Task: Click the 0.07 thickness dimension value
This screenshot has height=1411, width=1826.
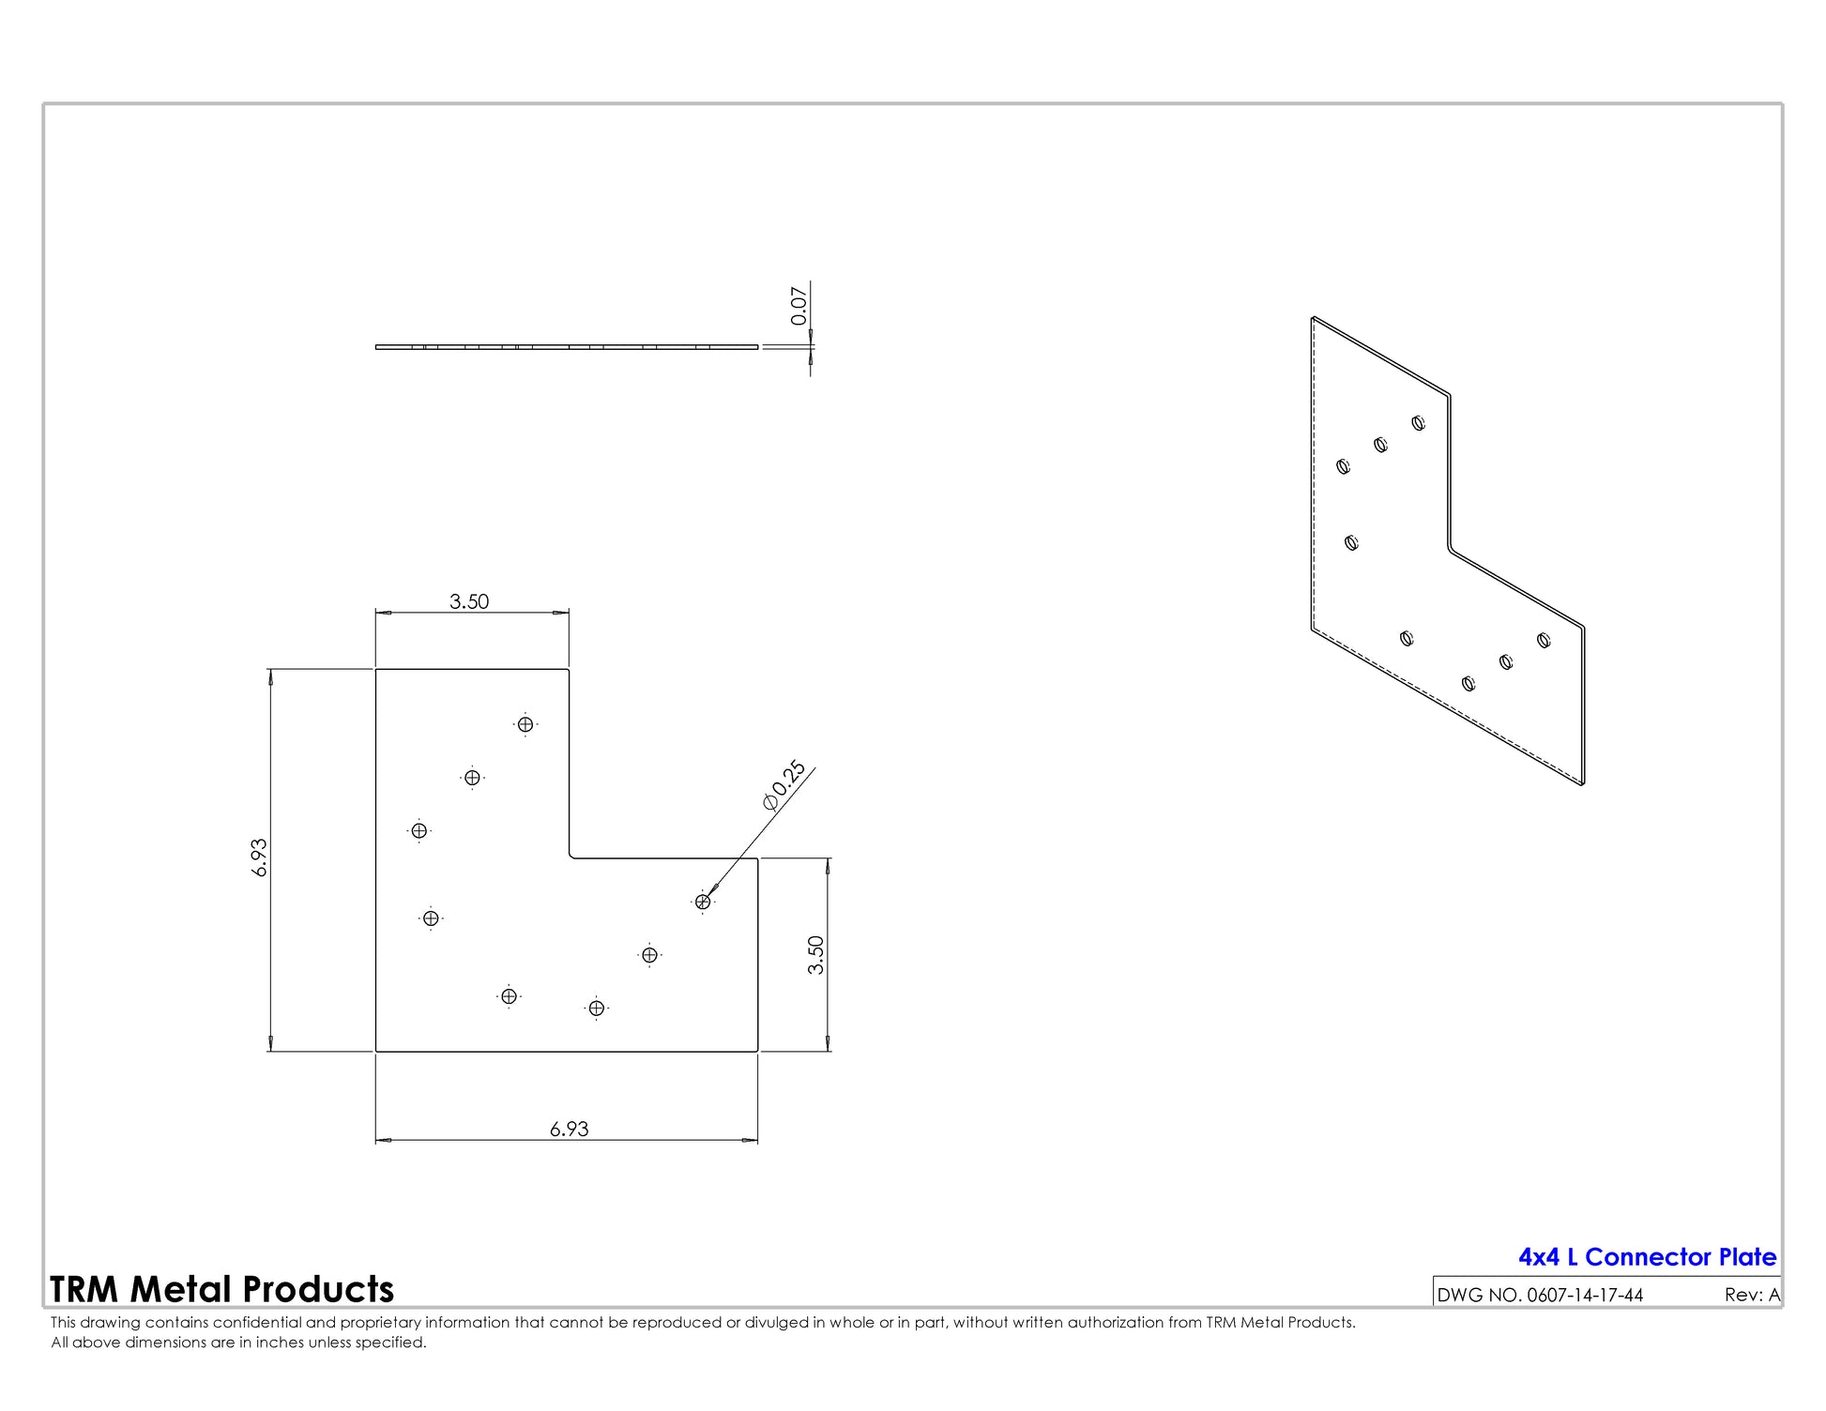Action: click(x=799, y=306)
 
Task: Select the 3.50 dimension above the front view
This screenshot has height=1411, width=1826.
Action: click(x=469, y=601)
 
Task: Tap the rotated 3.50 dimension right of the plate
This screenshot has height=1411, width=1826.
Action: click(x=816, y=955)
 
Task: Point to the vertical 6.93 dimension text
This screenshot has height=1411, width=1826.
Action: click(x=260, y=857)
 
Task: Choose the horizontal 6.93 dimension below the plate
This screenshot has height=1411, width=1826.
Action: click(x=570, y=1129)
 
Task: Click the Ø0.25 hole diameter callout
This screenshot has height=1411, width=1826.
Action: click(x=784, y=785)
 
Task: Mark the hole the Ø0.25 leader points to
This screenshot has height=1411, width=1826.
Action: click(x=703, y=902)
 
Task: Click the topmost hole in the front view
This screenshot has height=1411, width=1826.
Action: click(x=525, y=724)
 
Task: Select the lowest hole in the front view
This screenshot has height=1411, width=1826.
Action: click(x=597, y=1009)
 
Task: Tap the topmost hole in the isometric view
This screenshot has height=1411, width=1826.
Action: click(x=1419, y=423)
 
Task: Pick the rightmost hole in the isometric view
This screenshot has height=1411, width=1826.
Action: click(x=1544, y=641)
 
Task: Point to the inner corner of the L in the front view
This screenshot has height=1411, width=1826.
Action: click(x=570, y=857)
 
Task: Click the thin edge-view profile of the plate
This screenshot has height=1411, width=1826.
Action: click(x=567, y=347)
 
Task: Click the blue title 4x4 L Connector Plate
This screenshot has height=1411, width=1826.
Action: click(x=1648, y=1257)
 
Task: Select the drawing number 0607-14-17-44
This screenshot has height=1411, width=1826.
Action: click(x=1585, y=1296)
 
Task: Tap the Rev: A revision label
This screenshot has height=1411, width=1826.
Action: click(x=1752, y=1296)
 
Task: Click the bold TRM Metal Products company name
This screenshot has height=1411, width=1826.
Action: click(x=221, y=1290)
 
